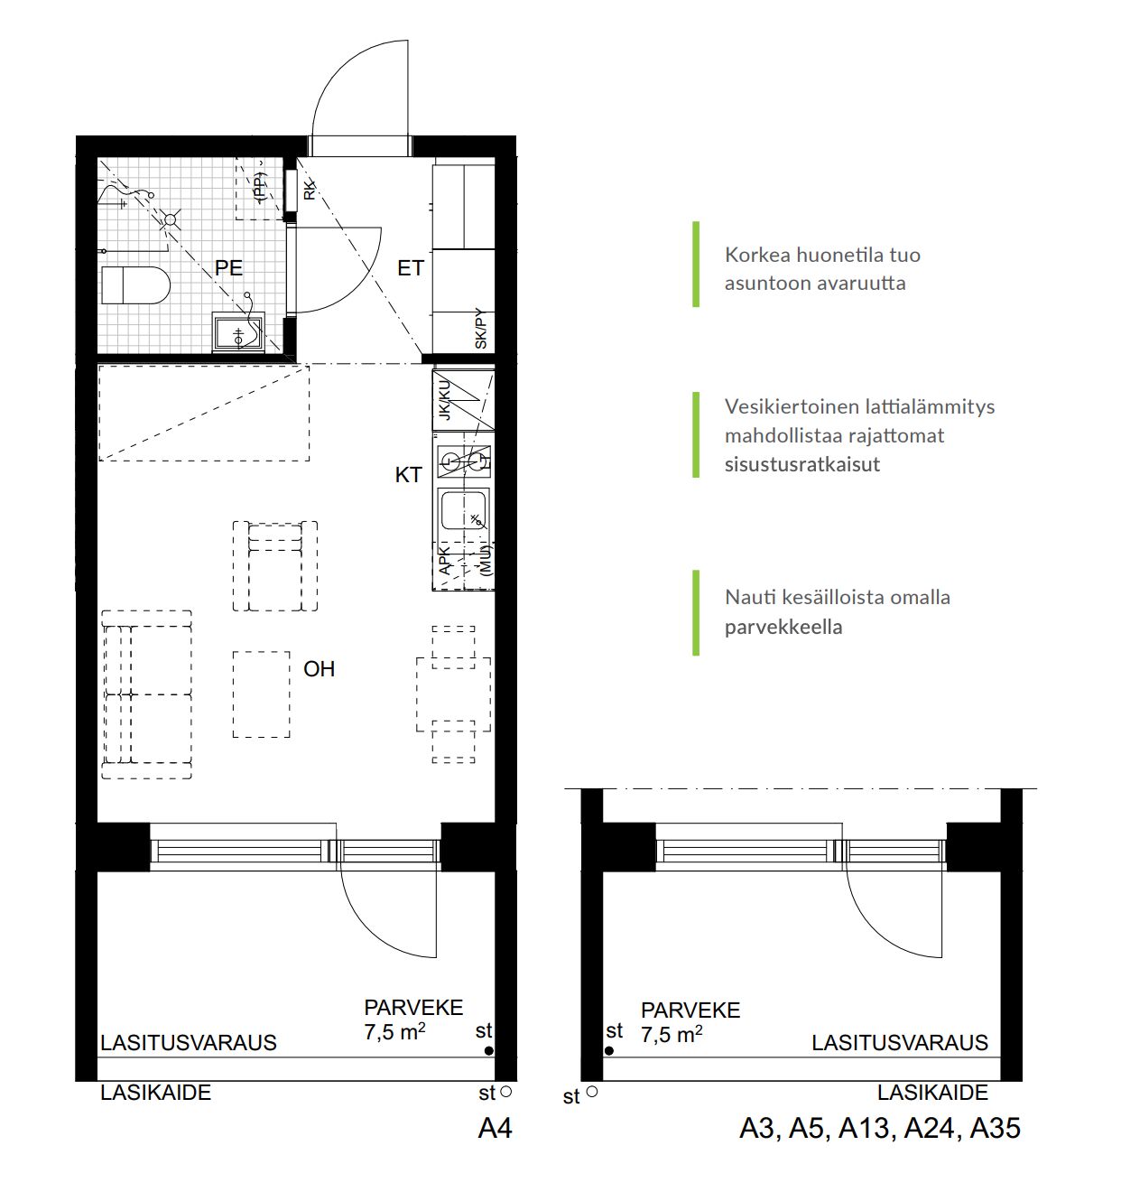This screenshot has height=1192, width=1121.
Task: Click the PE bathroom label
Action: click(x=228, y=267)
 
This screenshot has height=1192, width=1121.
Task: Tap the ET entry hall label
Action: click(x=411, y=268)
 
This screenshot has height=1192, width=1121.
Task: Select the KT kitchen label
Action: click(x=408, y=475)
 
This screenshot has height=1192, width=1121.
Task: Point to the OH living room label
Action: click(x=319, y=669)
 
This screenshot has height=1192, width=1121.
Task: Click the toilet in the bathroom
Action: click(x=135, y=285)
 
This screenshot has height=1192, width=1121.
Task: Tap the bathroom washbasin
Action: click(x=238, y=332)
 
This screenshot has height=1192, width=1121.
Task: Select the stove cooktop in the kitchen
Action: click(x=464, y=461)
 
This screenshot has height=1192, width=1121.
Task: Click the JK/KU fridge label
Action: click(x=445, y=400)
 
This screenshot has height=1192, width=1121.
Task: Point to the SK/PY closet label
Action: click(x=481, y=329)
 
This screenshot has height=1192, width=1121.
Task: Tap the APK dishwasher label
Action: click(x=445, y=560)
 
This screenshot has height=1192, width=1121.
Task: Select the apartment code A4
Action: click(x=496, y=1129)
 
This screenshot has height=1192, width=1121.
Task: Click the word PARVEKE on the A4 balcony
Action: click(x=413, y=1008)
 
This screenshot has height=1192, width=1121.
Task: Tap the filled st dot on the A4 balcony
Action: click(x=489, y=1050)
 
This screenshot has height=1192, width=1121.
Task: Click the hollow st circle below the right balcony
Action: click(x=592, y=1092)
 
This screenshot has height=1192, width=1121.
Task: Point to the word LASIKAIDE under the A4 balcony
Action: click(x=155, y=1093)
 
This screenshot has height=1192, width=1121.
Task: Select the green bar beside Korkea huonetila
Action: click(x=696, y=264)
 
